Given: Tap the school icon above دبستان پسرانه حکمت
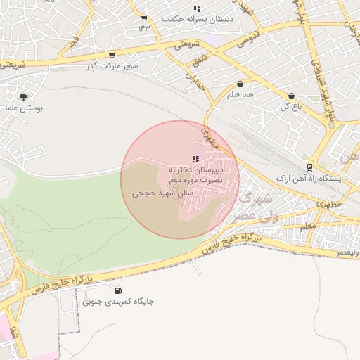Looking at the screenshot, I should click(196, 8).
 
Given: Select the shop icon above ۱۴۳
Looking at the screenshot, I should click(144, 18).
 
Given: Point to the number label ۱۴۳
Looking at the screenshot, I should click(144, 27).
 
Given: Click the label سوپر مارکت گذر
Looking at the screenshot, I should click(109, 65).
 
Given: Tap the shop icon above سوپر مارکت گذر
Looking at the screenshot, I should click(112, 55).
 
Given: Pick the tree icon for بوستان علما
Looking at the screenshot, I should click(25, 97).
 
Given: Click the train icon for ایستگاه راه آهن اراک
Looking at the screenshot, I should click(309, 167).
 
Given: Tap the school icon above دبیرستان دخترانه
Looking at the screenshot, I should click(195, 159).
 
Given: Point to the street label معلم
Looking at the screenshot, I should click(308, 226).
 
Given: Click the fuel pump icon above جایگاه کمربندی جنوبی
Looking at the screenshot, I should click(117, 291).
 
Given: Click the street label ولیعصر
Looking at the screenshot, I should click(347, 251).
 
